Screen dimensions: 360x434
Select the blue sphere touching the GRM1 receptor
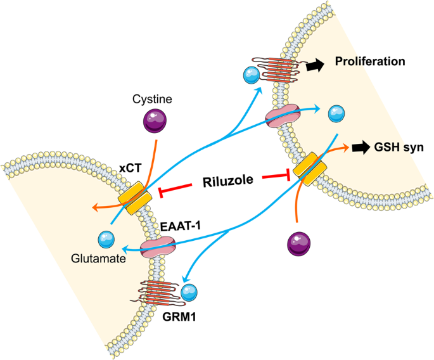189,293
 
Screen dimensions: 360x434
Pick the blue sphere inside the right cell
337,115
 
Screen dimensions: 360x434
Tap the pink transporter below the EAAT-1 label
157,245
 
